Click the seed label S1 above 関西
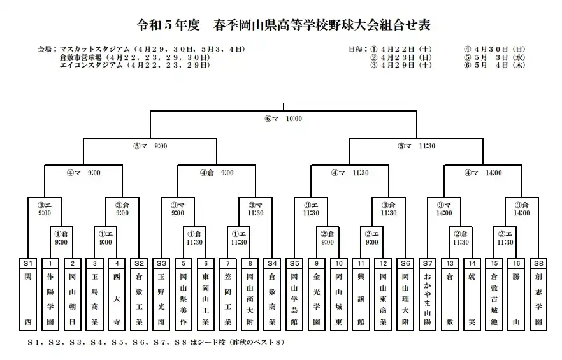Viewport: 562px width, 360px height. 28,264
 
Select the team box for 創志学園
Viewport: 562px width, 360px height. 538,294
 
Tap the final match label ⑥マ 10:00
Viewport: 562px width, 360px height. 284,119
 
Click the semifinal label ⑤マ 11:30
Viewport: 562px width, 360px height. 417,146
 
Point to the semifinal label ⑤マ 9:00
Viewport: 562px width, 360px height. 150,146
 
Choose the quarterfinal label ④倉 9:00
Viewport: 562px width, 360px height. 217,173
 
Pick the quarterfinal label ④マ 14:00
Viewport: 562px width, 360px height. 483,173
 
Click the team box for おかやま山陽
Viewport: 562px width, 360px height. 427,294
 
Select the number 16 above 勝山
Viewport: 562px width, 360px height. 516,264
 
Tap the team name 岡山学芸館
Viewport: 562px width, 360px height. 294,299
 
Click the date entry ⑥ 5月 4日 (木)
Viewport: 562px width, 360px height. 494,65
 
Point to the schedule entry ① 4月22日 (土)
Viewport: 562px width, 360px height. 401,50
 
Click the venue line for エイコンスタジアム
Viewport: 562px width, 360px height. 135,65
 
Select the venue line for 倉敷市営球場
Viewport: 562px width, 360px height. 135,57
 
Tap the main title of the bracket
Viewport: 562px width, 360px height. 283,25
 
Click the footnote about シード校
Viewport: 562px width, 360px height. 156,342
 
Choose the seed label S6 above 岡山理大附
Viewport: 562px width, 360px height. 405,264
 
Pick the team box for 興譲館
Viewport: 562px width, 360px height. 361,294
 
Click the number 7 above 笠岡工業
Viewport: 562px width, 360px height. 227,264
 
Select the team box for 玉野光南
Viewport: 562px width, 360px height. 161,294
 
